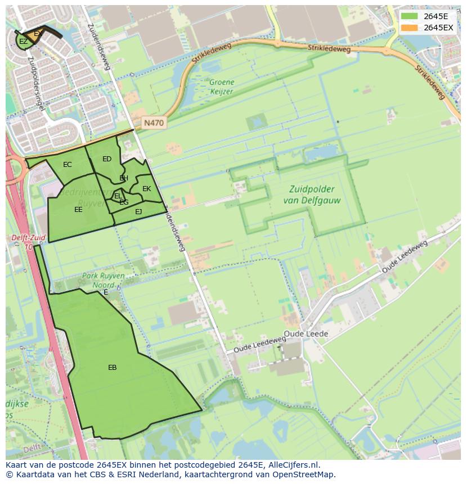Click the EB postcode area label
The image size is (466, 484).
[x=113, y=368]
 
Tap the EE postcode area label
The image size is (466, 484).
[x=78, y=210]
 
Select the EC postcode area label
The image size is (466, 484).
[x=68, y=165]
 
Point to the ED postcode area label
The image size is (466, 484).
[x=107, y=159]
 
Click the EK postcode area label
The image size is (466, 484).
[x=146, y=189]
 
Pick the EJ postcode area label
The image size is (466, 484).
[x=138, y=212]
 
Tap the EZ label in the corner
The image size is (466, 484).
[x=23, y=42]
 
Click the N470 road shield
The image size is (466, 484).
[x=154, y=123]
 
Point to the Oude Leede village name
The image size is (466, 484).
[x=306, y=334]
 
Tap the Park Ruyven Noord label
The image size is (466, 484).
[x=104, y=281]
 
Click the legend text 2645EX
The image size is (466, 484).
[x=438, y=28]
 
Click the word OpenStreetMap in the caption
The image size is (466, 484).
[x=306, y=474]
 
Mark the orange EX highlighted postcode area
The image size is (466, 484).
[x=38, y=34]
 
